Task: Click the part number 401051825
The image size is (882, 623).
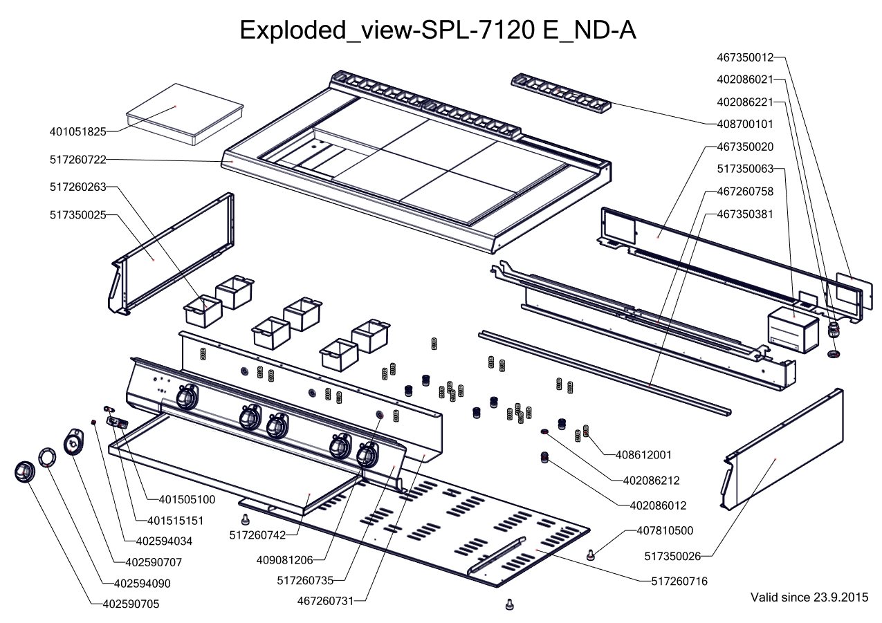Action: pos(77,131)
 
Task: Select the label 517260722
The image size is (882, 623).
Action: pos(77,160)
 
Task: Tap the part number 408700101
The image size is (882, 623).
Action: pos(746,124)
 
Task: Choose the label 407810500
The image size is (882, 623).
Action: pos(665,530)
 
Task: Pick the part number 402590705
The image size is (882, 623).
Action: pos(131,604)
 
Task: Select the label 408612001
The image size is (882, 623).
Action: pos(644,455)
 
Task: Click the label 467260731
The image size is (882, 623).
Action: pos(326,601)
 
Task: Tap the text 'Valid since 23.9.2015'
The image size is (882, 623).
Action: pos(809,597)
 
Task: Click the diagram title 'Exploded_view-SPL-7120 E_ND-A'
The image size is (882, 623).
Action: pos(437,31)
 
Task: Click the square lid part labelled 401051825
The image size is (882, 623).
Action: pos(183,111)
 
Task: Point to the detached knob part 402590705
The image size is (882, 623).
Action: pos(26,472)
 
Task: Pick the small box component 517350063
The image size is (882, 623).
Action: pos(792,328)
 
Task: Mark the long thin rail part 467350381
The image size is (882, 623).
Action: pos(602,370)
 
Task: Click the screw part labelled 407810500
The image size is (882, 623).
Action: pos(590,554)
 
